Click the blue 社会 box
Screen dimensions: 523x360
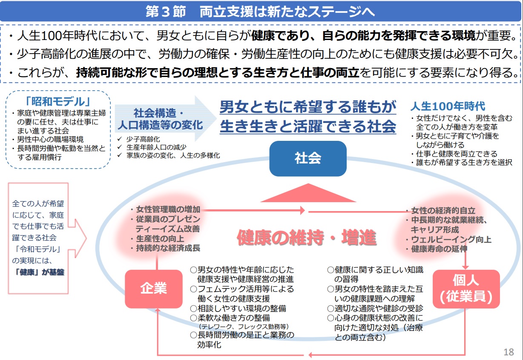pyautogui.click(x=308, y=158)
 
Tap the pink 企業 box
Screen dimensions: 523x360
pyautogui.click(x=154, y=289)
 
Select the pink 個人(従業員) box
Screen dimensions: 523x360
pyautogui.click(x=466, y=289)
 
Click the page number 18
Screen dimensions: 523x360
pyautogui.click(x=509, y=352)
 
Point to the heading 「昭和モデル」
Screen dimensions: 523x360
pyautogui.click(x=57, y=102)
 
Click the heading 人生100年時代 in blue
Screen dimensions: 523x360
pyautogui.click(x=448, y=106)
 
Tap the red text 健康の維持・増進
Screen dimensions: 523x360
pyautogui.click(x=307, y=238)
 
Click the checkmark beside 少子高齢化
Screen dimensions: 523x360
pyautogui.click(x=120, y=139)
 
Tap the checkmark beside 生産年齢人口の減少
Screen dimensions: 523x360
pyautogui.click(x=120, y=147)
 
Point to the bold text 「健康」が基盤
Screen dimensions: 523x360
pyautogui.click(x=39, y=272)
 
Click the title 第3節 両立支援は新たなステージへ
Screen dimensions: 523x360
pyautogui.click(x=260, y=11)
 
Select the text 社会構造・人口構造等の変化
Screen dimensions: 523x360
pyautogui.click(x=160, y=119)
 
